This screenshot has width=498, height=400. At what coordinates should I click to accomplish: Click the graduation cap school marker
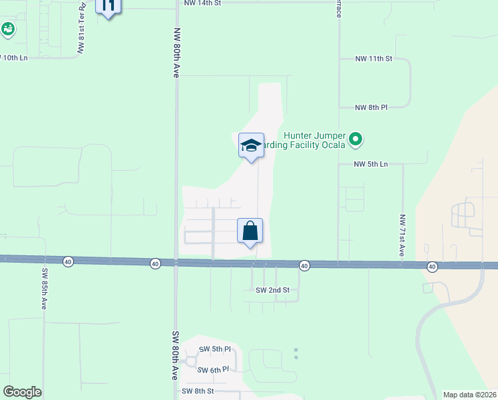click(250, 146)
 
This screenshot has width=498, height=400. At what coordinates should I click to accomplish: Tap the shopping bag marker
click(250, 231)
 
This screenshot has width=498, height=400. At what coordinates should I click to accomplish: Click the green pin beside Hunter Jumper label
click(356, 139)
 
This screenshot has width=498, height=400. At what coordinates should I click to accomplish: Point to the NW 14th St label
click(202, 3)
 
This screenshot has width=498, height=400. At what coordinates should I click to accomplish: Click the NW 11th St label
click(374, 59)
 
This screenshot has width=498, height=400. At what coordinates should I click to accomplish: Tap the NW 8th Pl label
click(371, 107)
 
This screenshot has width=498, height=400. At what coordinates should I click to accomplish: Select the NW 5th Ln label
click(371, 164)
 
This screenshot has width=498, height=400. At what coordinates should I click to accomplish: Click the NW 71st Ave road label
click(402, 235)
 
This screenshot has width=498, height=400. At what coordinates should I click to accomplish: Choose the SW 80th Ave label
click(176, 355)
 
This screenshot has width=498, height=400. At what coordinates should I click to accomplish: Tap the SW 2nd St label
click(273, 290)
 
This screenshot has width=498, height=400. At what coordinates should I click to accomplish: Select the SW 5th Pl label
click(214, 349)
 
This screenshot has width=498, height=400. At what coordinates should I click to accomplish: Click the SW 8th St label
click(198, 391)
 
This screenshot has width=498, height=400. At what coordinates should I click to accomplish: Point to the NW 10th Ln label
click(15, 58)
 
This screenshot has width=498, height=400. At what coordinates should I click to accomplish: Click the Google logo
click(22, 392)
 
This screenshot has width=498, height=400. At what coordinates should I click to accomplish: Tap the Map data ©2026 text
click(469, 395)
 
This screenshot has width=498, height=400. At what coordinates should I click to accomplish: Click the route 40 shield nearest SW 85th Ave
click(68, 262)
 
